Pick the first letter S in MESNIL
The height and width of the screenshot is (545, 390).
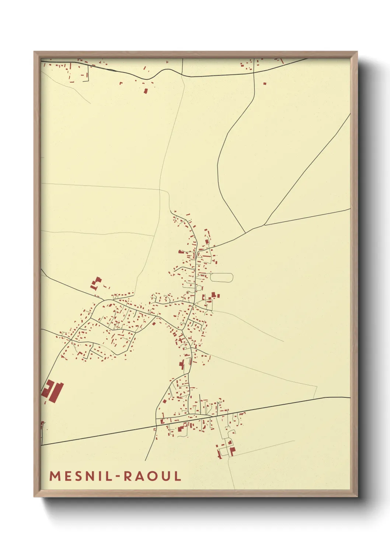[79, 476]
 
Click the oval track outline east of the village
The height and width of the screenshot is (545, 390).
[221, 277]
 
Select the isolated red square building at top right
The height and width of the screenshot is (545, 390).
[265, 83]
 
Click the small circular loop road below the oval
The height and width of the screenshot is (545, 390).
[199, 288]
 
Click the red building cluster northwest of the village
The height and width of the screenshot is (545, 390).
[96, 283]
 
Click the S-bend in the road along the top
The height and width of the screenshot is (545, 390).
[155, 74]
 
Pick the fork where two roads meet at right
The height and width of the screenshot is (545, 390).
[264, 225]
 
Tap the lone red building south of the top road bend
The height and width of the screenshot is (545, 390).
[145, 90]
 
